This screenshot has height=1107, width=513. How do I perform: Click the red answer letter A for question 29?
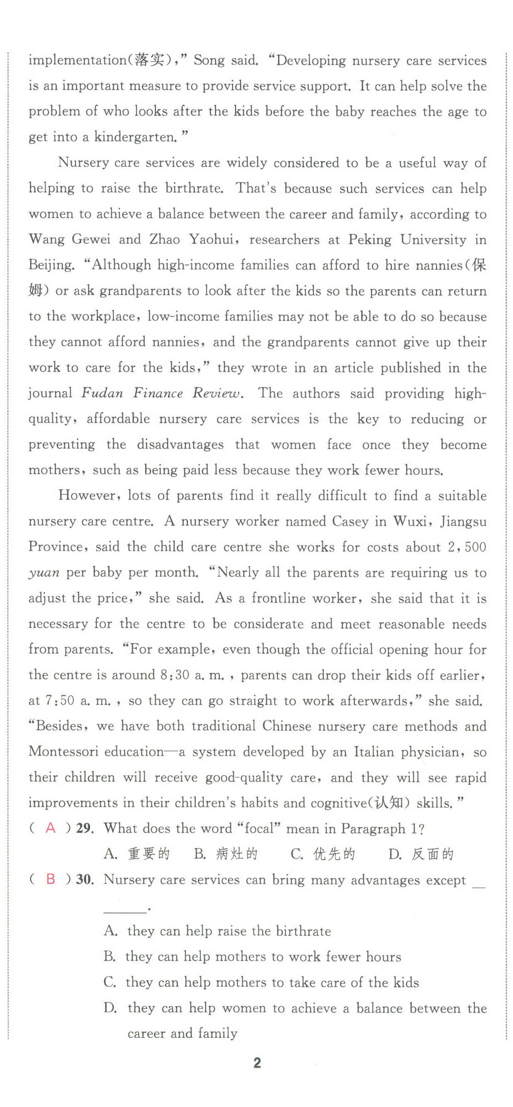pyautogui.click(x=50, y=828)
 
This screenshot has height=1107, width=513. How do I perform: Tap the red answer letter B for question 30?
pyautogui.click(x=50, y=879)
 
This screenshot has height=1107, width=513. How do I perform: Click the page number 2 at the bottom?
pyautogui.click(x=257, y=1063)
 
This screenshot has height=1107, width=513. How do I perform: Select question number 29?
pyautogui.click(x=84, y=828)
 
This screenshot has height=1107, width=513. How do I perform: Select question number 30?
pyautogui.click(x=84, y=880)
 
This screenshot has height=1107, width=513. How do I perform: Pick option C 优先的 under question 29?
pyautogui.click(x=323, y=854)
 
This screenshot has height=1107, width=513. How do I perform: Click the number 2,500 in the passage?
pyautogui.click(x=466, y=547)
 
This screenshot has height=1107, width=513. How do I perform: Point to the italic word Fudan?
pyautogui.click(x=102, y=393)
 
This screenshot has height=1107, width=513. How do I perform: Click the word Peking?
pyautogui.click(x=369, y=239)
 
